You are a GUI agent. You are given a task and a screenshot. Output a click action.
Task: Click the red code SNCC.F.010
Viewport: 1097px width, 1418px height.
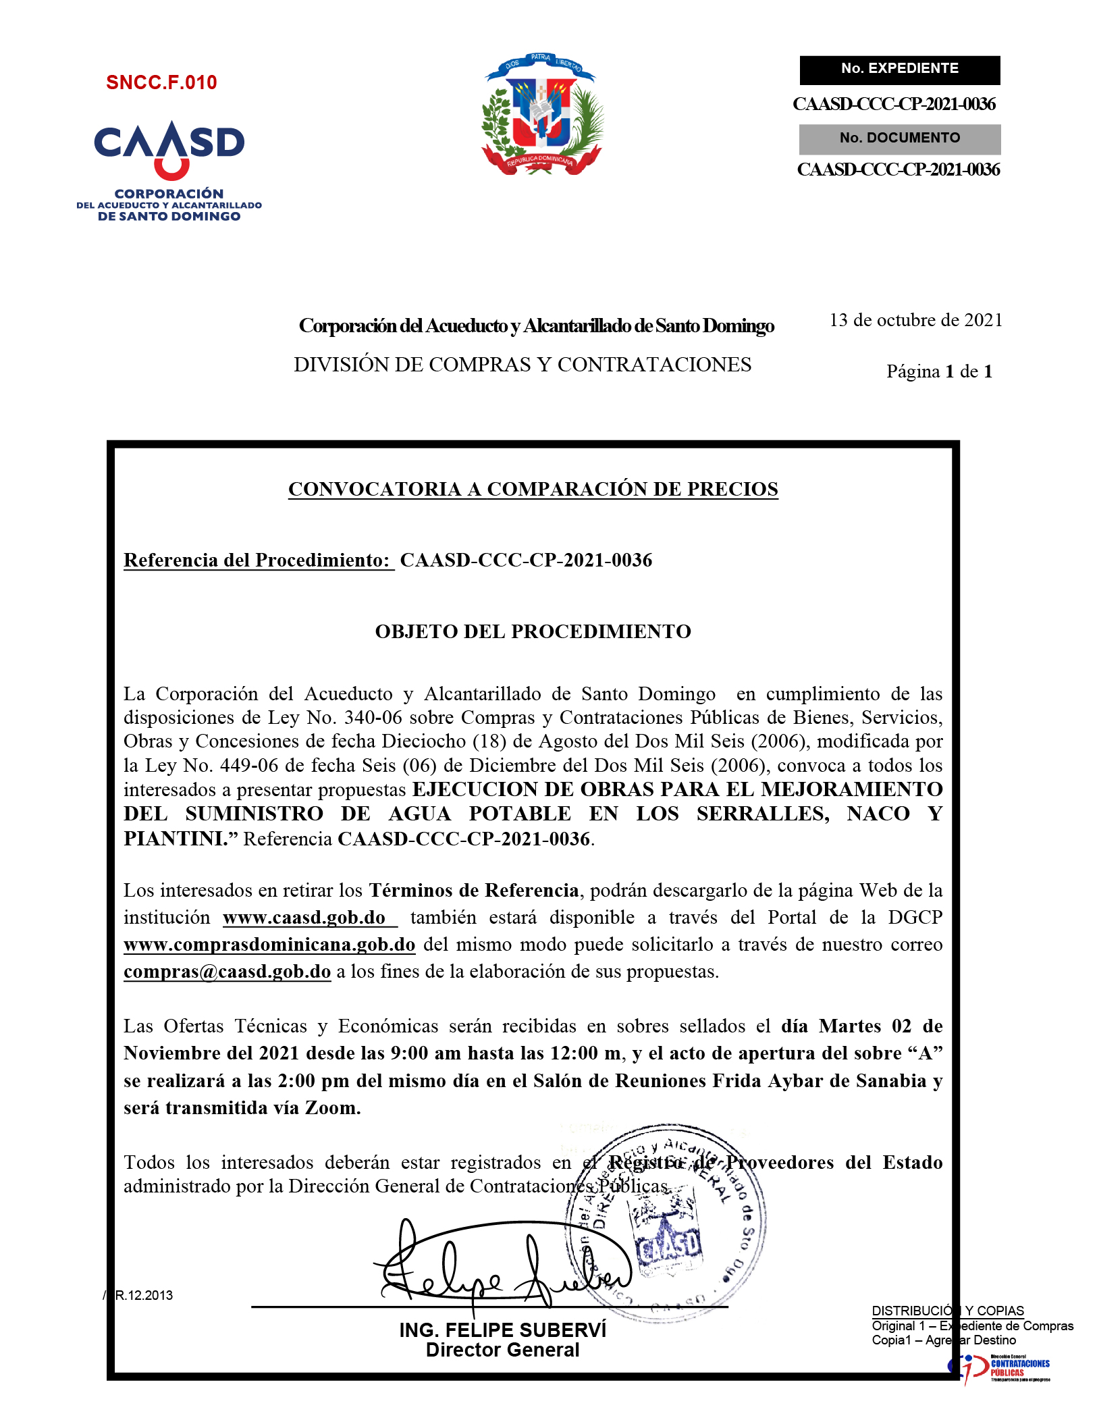tap(161, 82)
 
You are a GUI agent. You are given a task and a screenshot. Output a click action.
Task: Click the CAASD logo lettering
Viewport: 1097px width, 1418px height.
tap(169, 144)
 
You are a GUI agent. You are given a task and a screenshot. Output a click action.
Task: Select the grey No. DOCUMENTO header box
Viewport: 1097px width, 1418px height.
tap(899, 138)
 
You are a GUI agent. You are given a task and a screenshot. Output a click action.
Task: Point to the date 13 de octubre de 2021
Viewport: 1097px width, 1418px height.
tap(915, 320)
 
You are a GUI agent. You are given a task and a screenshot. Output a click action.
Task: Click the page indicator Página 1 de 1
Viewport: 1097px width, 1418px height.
tap(939, 371)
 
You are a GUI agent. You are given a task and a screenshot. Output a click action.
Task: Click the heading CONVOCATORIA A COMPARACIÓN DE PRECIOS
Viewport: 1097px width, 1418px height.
tap(533, 489)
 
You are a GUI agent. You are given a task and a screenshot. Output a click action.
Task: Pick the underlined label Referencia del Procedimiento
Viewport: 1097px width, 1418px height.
tap(257, 560)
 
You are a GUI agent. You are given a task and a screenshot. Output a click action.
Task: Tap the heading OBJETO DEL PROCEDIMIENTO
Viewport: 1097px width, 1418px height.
tap(533, 631)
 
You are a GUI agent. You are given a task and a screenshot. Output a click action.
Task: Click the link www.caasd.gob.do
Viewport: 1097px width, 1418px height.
tap(304, 918)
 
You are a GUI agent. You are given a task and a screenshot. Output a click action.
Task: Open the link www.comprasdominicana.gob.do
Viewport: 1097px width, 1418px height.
tap(269, 945)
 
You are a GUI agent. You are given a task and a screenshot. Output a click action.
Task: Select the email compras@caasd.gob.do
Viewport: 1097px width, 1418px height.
tap(227, 972)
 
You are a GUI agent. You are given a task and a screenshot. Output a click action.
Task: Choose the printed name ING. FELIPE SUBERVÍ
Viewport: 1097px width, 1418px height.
tap(502, 1330)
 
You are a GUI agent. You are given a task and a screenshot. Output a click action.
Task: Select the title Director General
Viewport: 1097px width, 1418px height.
tap(502, 1350)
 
